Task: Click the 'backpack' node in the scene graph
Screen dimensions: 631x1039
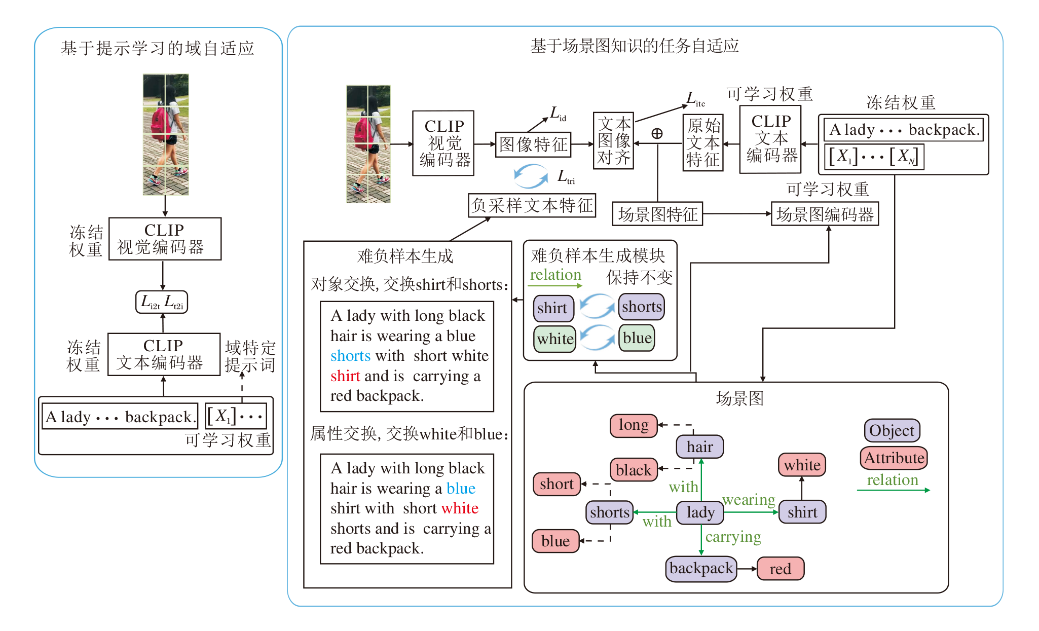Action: tap(701, 569)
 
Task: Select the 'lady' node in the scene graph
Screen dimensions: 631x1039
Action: tap(700, 512)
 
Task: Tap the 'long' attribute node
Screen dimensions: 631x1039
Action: tap(634, 425)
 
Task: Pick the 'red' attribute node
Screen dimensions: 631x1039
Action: tap(780, 569)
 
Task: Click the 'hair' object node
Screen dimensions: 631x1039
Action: tap(699, 447)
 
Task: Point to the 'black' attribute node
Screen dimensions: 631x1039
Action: tap(634, 470)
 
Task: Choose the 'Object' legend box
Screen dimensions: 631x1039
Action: tap(892, 430)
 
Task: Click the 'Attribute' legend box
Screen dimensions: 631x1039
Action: tap(894, 458)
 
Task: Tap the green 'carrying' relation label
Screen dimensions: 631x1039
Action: tap(733, 537)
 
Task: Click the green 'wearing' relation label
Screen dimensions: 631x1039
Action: tap(749, 500)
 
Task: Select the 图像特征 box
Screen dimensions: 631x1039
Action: tap(533, 144)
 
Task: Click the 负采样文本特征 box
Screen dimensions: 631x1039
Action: tap(532, 205)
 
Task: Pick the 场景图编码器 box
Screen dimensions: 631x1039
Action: tap(825, 214)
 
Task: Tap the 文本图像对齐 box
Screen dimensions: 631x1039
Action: tap(613, 141)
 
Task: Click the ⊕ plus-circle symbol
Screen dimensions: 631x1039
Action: tap(657, 133)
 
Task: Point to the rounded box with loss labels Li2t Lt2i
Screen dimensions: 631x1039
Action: tap(162, 302)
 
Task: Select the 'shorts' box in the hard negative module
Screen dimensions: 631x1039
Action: tap(642, 307)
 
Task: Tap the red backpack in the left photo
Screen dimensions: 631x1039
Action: tap(161, 124)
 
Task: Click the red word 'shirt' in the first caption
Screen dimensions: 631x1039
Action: tap(345, 376)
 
